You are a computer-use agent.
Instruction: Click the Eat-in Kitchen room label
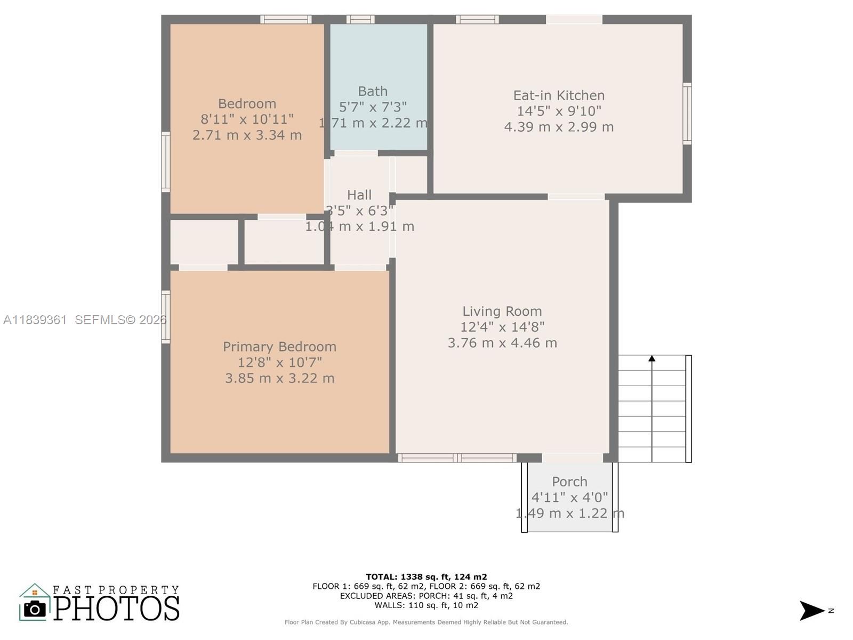[559, 95]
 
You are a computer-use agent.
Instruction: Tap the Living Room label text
[502, 311]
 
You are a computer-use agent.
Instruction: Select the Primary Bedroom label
[279, 347]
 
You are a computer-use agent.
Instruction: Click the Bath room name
[373, 91]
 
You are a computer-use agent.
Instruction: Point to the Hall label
[359, 195]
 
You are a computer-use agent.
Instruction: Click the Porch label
[569, 482]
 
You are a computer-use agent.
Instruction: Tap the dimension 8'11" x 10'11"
[247, 119]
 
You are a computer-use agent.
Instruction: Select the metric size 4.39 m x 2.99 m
[559, 127]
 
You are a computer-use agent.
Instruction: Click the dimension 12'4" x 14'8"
[502, 327]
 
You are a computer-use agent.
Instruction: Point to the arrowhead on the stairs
[651, 359]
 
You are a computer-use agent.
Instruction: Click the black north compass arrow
[811, 611]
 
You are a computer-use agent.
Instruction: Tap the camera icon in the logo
[35, 609]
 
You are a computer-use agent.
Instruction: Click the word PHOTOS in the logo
[116, 609]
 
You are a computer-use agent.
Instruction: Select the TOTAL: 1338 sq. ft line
[426, 577]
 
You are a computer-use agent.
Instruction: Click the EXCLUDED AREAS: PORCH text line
[426, 596]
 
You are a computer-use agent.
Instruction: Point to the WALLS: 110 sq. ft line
[426, 605]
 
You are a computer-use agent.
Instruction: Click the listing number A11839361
[35, 320]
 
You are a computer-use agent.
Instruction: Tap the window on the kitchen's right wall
[687, 114]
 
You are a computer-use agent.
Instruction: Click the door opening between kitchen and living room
[576, 197]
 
